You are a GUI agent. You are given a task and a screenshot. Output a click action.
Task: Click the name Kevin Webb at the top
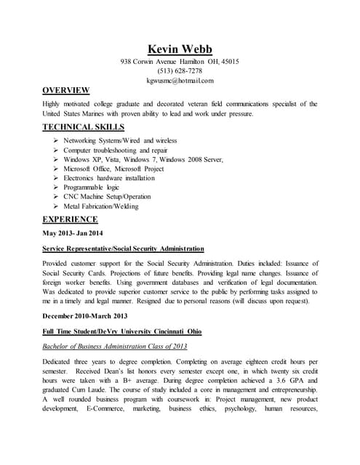(x=180, y=49)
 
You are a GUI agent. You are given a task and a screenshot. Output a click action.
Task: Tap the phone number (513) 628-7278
(x=180, y=71)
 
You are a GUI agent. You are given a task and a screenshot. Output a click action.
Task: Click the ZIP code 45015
(x=229, y=62)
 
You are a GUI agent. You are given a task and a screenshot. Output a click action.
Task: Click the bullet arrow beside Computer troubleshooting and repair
(x=56, y=150)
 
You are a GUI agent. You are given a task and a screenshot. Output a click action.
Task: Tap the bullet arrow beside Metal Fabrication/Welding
(x=56, y=206)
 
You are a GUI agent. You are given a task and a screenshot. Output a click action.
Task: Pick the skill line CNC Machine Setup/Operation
(x=107, y=197)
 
